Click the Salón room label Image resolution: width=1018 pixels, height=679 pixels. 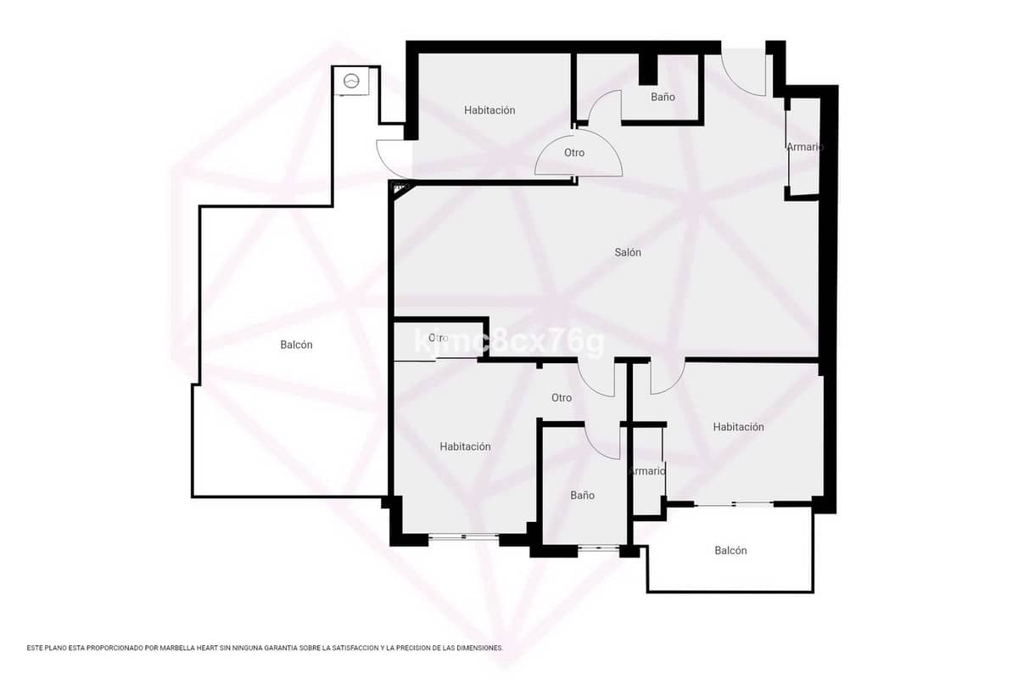pyautogui.click(x=628, y=252)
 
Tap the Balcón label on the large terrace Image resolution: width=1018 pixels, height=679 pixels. pyautogui.click(x=296, y=345)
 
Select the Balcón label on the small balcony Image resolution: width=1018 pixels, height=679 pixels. pyautogui.click(x=730, y=551)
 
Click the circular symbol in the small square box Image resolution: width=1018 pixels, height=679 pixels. pyautogui.click(x=351, y=81)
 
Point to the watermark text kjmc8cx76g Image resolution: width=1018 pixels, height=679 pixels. pyautogui.click(x=509, y=342)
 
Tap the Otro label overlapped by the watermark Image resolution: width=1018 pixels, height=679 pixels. pyautogui.click(x=438, y=338)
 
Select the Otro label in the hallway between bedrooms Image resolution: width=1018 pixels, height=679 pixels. pyautogui.click(x=562, y=397)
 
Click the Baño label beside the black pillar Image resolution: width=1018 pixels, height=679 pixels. pyautogui.click(x=663, y=97)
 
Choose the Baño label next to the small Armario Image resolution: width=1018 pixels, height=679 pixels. pyautogui.click(x=582, y=495)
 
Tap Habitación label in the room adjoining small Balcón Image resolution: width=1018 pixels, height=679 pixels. pyautogui.click(x=738, y=427)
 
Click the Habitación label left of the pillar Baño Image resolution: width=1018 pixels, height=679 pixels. pyautogui.click(x=489, y=110)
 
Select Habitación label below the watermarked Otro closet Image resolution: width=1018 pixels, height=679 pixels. pyautogui.click(x=465, y=446)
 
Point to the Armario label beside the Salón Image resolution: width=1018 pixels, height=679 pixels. pyautogui.click(x=804, y=147)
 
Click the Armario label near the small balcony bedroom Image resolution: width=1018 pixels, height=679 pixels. pyautogui.click(x=646, y=470)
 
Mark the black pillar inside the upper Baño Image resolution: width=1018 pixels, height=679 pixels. pyautogui.click(x=648, y=69)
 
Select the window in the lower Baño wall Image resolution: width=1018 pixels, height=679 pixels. pyautogui.click(x=599, y=548)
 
